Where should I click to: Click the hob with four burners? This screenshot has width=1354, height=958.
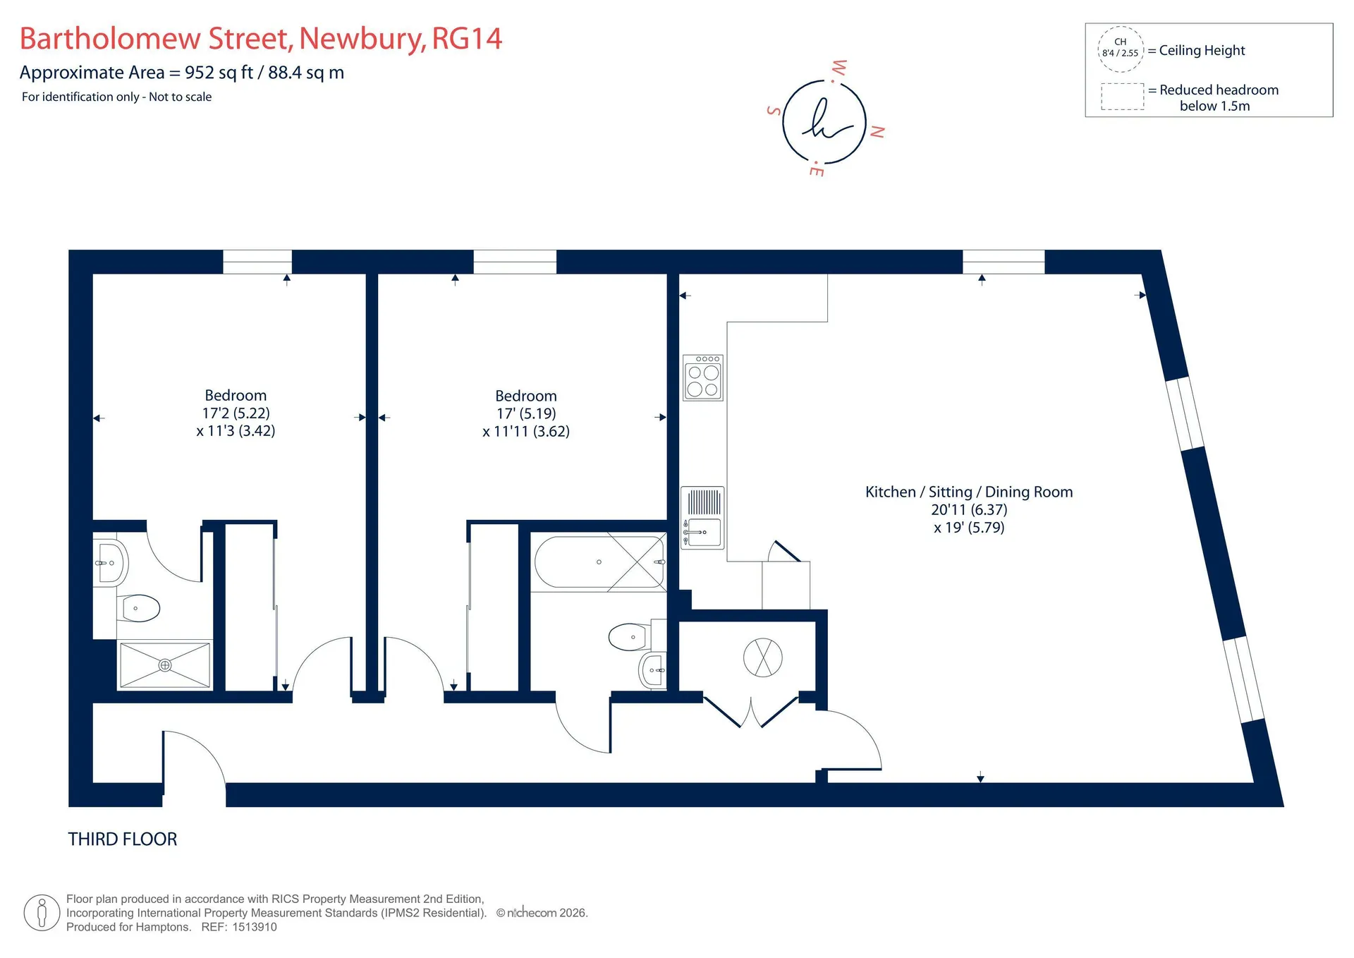pyautogui.click(x=703, y=378)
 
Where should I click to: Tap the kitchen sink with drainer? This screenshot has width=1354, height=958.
pyautogui.click(x=702, y=517)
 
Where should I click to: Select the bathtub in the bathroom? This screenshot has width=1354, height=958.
pyautogui.click(x=599, y=562)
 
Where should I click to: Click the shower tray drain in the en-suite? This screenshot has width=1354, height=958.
pyautogui.click(x=165, y=665)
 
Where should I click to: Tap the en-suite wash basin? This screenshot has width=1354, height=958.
pyautogui.click(x=110, y=563)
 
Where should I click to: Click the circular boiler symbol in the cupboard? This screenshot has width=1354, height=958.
pyautogui.click(x=763, y=657)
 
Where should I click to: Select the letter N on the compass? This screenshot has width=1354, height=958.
pyautogui.click(x=877, y=132)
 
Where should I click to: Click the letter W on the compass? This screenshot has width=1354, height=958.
pyautogui.click(x=839, y=68)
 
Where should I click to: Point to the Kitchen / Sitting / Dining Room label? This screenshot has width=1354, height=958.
pyautogui.click(x=969, y=492)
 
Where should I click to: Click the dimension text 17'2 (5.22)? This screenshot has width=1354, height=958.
pyautogui.click(x=236, y=413)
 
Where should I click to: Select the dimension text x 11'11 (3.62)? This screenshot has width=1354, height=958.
pyautogui.click(x=526, y=431)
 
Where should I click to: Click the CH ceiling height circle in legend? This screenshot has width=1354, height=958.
pyautogui.click(x=1121, y=49)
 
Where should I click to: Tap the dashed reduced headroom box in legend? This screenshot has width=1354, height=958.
pyautogui.click(x=1123, y=97)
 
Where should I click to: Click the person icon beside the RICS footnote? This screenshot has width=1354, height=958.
pyautogui.click(x=42, y=913)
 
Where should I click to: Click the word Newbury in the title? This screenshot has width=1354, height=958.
pyautogui.click(x=362, y=39)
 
